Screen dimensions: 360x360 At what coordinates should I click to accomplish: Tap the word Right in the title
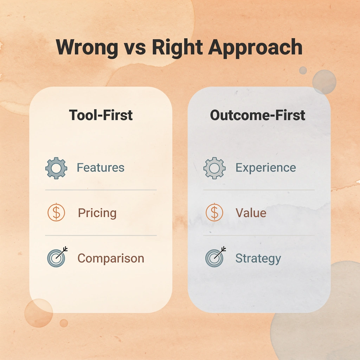[177, 47]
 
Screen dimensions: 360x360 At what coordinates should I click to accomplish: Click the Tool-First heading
[101, 115]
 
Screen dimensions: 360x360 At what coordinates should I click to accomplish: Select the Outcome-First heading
[257, 115]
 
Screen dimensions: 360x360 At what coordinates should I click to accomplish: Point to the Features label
[101, 167]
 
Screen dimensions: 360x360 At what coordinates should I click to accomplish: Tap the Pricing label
[97, 213]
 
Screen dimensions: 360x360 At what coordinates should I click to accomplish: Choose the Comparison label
[111, 258]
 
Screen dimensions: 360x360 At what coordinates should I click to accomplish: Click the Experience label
[265, 167]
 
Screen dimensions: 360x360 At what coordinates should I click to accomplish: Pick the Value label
[251, 213]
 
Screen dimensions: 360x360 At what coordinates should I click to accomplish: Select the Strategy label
[258, 258]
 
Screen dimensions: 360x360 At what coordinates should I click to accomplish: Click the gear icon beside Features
[56, 168]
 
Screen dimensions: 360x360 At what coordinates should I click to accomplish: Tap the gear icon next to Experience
[214, 168]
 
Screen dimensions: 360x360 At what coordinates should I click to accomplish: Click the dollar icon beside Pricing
[56, 213]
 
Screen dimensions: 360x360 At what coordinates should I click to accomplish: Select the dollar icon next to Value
[214, 213]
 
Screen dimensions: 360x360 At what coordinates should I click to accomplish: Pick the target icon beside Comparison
[56, 258]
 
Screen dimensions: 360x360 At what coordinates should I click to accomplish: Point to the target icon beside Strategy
[214, 258]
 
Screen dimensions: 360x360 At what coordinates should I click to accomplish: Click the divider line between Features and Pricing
[101, 190]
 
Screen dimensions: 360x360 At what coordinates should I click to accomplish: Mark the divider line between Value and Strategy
[259, 236]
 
